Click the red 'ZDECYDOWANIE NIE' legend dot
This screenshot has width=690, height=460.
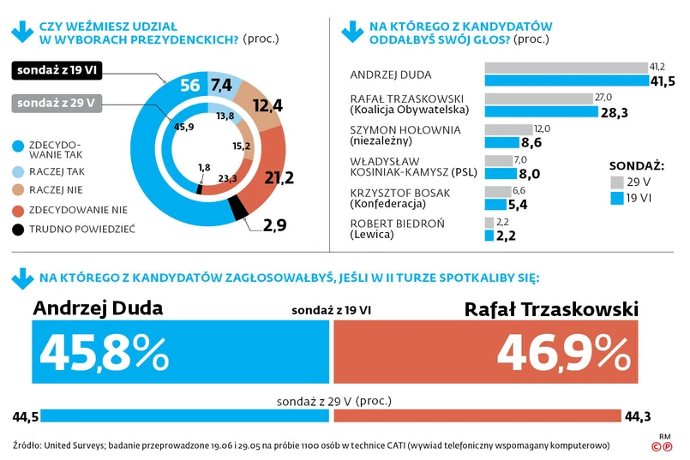point(20,209)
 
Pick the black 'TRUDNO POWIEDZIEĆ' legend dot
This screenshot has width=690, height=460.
point(20,228)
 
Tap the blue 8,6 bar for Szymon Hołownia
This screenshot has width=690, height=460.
point(502,142)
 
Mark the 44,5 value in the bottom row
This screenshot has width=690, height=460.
point(26,417)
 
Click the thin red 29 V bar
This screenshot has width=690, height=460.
point(477,416)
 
